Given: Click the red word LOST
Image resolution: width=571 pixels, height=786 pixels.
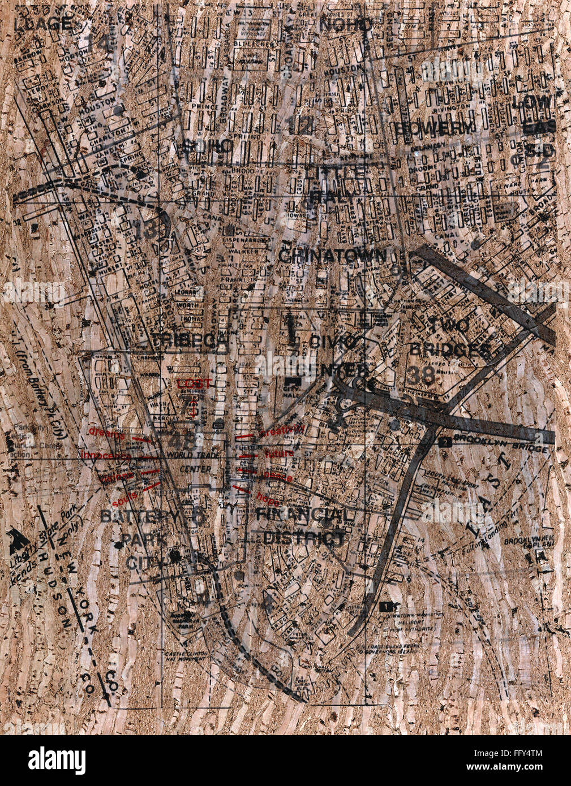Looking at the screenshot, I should pyautogui.click(x=194, y=383).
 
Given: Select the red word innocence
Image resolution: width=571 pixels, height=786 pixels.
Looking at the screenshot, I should pyautogui.click(x=106, y=456).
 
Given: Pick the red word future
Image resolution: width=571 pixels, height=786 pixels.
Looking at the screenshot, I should pyautogui.click(x=279, y=454).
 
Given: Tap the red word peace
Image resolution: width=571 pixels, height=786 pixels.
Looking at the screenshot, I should pyautogui.click(x=278, y=478).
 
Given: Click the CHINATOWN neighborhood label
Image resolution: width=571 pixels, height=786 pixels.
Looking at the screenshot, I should pyautogui.click(x=333, y=256).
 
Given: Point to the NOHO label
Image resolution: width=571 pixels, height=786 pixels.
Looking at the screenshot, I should pyautogui.click(x=346, y=24).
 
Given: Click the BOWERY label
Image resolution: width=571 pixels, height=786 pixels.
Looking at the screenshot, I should pyautogui.click(x=433, y=128).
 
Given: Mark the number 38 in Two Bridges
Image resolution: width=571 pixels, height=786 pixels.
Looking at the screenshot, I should pyautogui.click(x=420, y=375).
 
